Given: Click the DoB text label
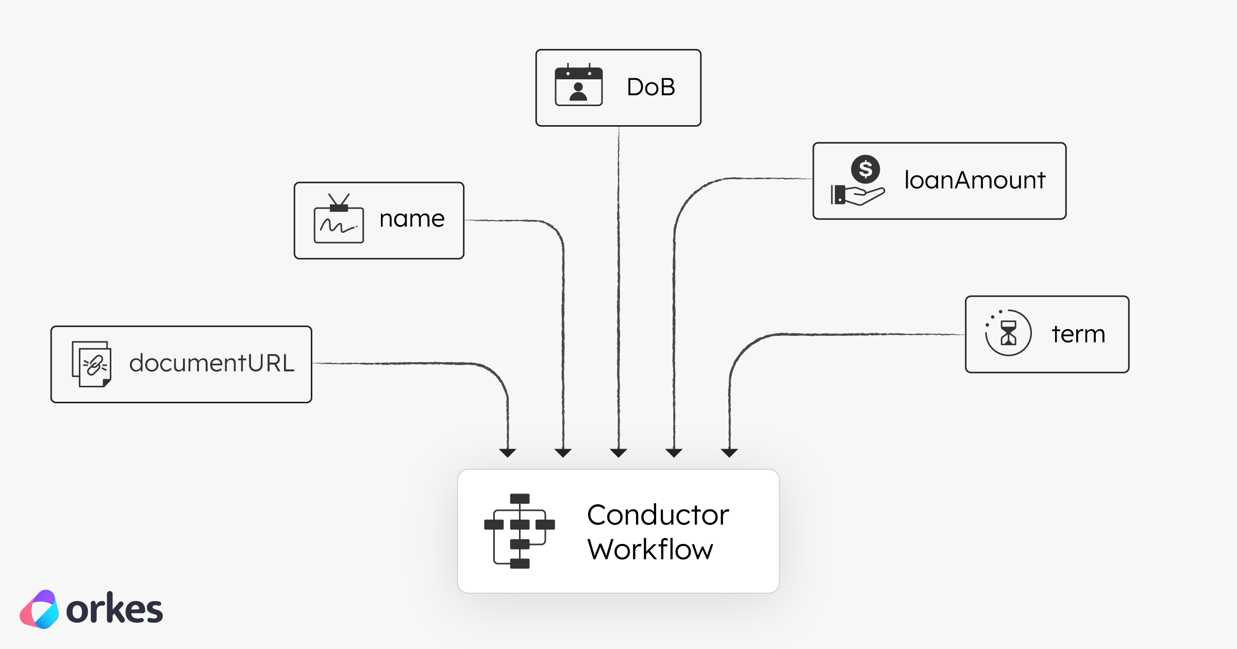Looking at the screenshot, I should pyautogui.click(x=651, y=87).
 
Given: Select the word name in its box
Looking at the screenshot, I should pyautogui.click(x=412, y=219).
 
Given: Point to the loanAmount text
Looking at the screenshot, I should pyautogui.click(x=975, y=180).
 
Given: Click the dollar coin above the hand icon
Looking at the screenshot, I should pyautogui.click(x=865, y=169).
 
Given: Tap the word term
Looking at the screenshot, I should pyautogui.click(x=1078, y=334).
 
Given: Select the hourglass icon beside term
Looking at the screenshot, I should pyautogui.click(x=1008, y=333).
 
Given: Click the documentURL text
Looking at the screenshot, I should pyautogui.click(x=211, y=363).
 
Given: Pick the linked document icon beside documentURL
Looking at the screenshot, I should pyautogui.click(x=92, y=364).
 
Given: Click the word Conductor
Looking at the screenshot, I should pyautogui.click(x=658, y=515).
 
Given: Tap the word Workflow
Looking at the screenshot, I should pyautogui.click(x=650, y=550).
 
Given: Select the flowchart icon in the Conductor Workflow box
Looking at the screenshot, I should pyautogui.click(x=520, y=531).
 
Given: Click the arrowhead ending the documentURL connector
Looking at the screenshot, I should pyautogui.click(x=508, y=453).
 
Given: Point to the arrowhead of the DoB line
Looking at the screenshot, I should pyautogui.click(x=618, y=453).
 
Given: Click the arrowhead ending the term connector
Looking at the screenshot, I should pyautogui.click(x=729, y=453).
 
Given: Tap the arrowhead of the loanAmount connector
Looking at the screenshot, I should pyautogui.click(x=674, y=453).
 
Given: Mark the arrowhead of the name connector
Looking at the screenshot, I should pyautogui.click(x=563, y=453).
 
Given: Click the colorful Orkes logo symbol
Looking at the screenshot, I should pyautogui.click(x=40, y=609).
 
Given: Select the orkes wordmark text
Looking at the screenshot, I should pyautogui.click(x=114, y=610).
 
